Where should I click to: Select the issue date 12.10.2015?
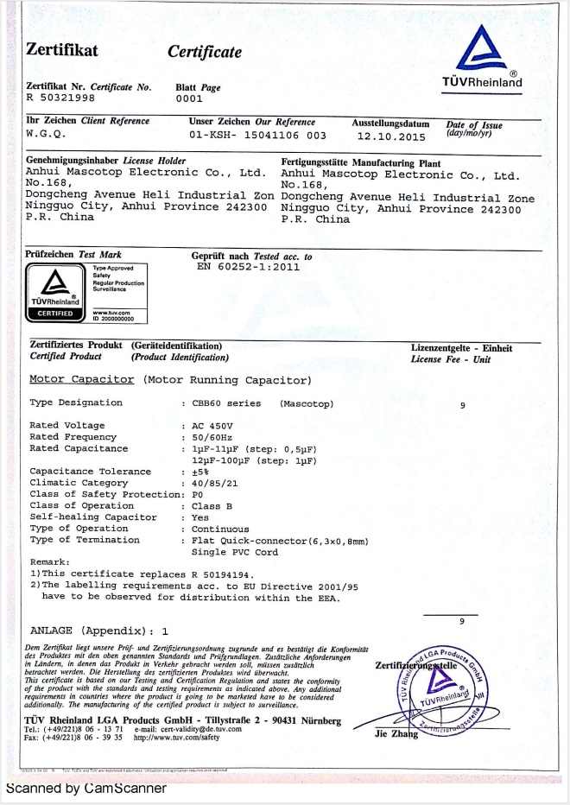391,136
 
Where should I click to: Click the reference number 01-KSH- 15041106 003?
257,136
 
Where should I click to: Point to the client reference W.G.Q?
46,134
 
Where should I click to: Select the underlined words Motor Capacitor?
82,379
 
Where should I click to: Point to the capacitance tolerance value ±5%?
200,472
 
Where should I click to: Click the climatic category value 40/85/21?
215,483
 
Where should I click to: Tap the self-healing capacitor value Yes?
200,517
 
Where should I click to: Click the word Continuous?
220,529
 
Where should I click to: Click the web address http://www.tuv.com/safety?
176,738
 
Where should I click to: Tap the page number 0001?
188,98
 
